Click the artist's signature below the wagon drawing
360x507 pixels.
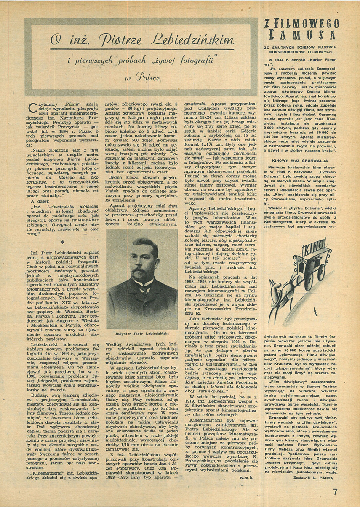tap(315, 312)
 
